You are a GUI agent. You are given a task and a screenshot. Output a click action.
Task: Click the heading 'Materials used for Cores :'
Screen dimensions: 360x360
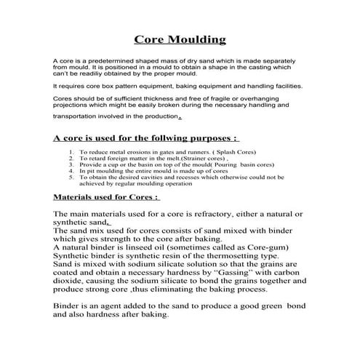(x=106, y=196)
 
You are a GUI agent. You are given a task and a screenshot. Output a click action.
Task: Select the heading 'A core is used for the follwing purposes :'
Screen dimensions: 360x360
(x=146, y=137)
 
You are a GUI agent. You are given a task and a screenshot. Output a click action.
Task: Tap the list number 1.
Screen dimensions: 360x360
(x=71, y=153)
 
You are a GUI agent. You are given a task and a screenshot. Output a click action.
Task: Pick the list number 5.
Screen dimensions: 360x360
(x=71, y=177)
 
